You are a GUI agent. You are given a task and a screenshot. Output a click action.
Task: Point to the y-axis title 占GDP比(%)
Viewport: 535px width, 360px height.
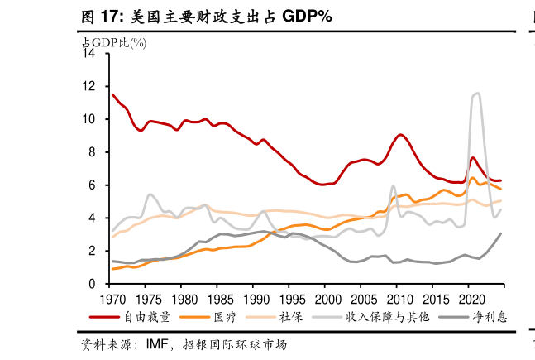pos(113,42)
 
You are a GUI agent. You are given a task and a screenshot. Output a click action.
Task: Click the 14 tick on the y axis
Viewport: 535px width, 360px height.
pos(90,54)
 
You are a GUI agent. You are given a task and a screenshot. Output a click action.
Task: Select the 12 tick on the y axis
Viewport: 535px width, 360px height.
pos(90,86)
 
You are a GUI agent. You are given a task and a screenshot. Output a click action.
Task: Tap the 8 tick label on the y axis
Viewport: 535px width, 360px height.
pos(93,152)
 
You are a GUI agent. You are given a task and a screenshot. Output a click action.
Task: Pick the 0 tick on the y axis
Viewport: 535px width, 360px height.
pos(93,284)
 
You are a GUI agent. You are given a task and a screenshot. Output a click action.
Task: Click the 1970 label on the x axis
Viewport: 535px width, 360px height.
pos(112,298)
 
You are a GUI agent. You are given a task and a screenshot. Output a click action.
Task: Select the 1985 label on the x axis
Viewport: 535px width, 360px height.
pos(220,298)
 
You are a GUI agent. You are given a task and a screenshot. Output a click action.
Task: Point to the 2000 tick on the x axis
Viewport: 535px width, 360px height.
pos(327,298)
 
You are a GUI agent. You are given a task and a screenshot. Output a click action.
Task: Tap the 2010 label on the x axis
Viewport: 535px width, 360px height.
pos(399,298)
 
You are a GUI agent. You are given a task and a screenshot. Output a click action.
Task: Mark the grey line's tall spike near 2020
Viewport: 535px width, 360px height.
pos(476,94)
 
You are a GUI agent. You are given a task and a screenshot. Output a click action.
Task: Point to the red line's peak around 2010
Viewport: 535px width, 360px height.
pos(400,135)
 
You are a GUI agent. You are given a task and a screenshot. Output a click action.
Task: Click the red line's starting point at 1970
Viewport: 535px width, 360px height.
pos(112,94)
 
